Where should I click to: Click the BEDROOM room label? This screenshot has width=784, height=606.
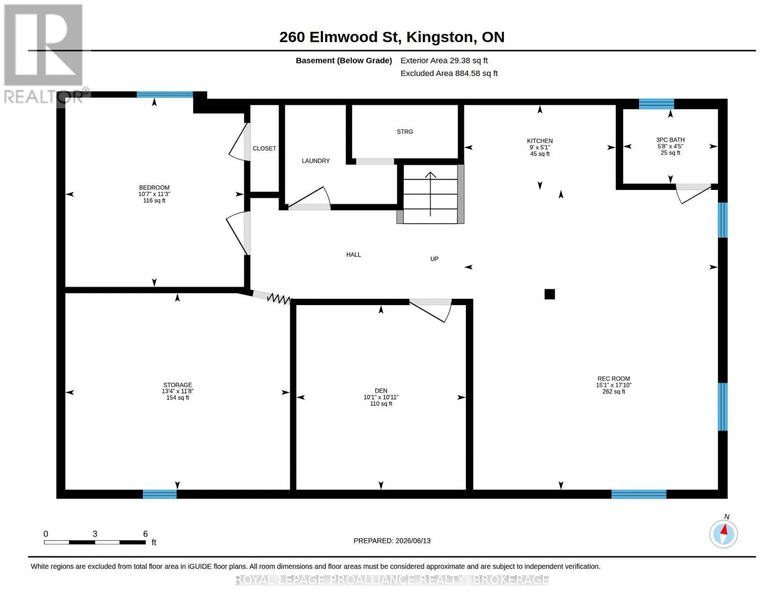[x=154, y=187]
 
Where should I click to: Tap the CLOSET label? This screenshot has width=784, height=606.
[x=264, y=148]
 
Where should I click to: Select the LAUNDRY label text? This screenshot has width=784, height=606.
[x=316, y=161]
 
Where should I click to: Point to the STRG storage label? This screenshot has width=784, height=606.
[x=404, y=132]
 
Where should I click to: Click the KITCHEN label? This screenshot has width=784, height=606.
[x=539, y=141]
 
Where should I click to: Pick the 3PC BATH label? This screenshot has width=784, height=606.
[x=670, y=140]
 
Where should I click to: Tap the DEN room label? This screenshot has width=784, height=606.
[x=381, y=390]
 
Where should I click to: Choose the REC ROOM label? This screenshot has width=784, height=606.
[x=613, y=379]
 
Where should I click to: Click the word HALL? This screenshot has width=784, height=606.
[x=353, y=255]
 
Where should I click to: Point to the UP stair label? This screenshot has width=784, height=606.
[x=434, y=259]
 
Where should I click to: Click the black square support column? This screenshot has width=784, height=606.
[x=549, y=294]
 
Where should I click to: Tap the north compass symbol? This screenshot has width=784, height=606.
[x=723, y=534]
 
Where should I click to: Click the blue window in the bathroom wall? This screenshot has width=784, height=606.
[x=656, y=104]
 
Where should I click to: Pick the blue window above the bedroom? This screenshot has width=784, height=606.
[x=165, y=94]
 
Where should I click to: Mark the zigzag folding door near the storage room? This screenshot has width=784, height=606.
[x=278, y=298]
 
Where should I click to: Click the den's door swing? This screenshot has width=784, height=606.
[x=431, y=311]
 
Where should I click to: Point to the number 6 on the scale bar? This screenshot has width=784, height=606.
[x=145, y=534]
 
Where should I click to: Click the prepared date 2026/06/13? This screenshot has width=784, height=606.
[x=413, y=541]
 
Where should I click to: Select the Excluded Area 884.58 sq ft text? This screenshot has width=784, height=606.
[x=448, y=73]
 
